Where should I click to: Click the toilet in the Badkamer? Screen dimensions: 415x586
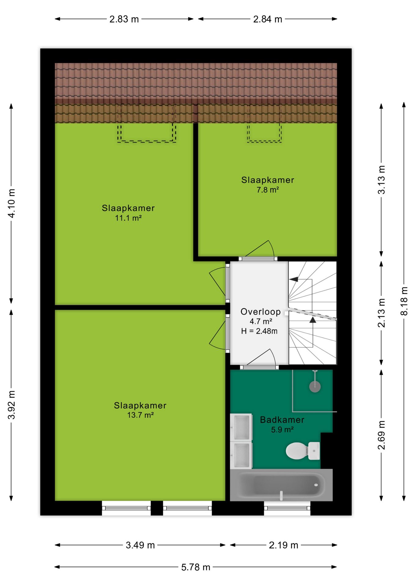303,450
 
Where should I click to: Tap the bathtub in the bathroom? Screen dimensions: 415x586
281,485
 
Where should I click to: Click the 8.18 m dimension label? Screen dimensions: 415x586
404,301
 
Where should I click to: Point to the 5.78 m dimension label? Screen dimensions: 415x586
196,567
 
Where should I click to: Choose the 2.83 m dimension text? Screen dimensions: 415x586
124,19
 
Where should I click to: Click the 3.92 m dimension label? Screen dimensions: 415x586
11,405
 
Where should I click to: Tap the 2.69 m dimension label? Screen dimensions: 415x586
381,435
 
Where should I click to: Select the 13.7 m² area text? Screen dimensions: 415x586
140,415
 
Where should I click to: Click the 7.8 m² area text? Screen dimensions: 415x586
268,190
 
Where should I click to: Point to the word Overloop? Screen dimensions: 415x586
261,312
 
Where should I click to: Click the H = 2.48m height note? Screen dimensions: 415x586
259,331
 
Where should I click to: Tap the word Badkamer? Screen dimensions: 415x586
282,420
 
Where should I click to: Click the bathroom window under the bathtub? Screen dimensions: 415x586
287,508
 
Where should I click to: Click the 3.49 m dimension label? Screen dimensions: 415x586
140,545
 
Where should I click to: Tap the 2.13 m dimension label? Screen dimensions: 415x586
381,313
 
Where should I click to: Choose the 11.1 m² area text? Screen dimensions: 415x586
128,218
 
